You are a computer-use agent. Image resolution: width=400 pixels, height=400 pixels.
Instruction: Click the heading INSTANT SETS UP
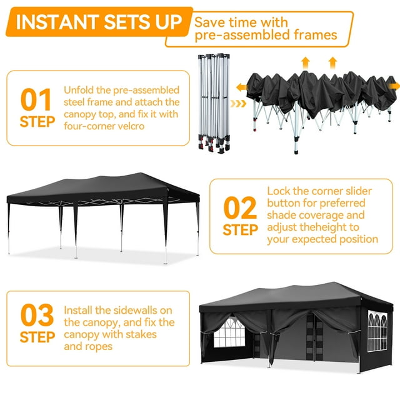tap(99, 22)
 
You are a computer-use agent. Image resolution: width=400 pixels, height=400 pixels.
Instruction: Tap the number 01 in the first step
tap(36, 99)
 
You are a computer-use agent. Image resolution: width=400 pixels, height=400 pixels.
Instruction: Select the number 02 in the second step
tap(240, 208)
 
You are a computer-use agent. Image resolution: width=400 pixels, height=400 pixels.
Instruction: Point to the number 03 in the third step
tap(37, 315)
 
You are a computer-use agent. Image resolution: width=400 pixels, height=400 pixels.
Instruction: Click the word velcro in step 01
tap(129, 126)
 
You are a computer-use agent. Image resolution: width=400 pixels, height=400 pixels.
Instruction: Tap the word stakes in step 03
tap(141, 334)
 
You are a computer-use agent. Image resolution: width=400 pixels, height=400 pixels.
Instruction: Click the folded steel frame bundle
tap(214, 103)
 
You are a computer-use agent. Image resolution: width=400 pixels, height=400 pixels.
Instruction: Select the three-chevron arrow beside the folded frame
tap(238, 104)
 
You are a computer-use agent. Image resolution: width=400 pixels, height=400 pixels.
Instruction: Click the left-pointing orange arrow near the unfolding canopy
tap(241, 87)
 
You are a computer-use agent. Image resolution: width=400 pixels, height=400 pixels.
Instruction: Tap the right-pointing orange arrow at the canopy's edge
tap(394, 86)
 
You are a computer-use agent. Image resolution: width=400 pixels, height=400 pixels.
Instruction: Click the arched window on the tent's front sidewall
tap(229, 332)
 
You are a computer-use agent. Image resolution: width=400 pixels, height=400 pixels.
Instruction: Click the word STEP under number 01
tap(37, 122)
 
